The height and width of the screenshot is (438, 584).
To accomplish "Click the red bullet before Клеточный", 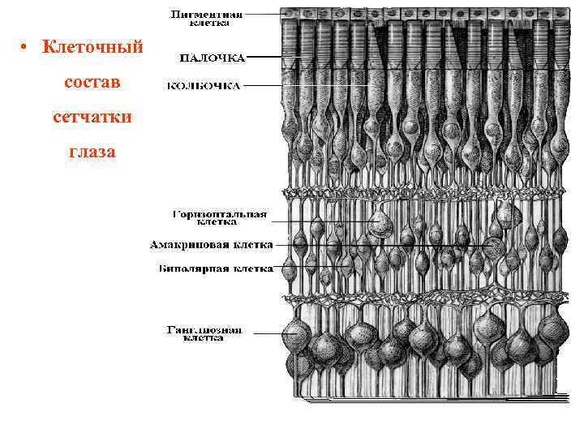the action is (x=26, y=49).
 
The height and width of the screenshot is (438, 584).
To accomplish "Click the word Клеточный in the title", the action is (x=92, y=48).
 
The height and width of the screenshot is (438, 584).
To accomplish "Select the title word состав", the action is (x=92, y=83).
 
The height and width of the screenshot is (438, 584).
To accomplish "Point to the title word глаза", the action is (x=92, y=152).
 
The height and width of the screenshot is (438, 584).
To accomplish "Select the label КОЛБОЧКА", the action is (x=204, y=84).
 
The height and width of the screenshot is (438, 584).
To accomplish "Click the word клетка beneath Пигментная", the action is (x=209, y=24).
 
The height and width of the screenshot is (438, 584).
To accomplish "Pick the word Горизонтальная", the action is (x=220, y=214).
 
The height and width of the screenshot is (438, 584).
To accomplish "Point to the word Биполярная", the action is (x=188, y=266).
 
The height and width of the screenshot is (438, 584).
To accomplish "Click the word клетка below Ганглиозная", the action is (x=203, y=339).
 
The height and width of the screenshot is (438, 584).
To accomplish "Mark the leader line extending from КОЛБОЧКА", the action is (x=264, y=84).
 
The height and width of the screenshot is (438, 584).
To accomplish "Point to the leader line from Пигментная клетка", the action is (x=264, y=15).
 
